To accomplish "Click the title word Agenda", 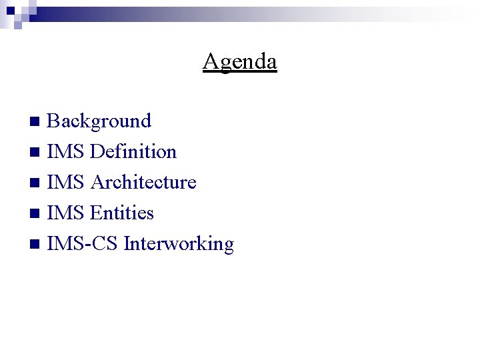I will (240, 61).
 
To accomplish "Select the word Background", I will (99, 121).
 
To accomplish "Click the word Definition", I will (133, 151).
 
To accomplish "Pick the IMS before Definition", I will (65, 151).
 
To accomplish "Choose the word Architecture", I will (143, 182).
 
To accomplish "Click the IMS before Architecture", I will (65, 182).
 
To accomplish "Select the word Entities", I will (122, 213).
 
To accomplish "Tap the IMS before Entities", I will (65, 213).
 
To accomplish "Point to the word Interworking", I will (179, 244).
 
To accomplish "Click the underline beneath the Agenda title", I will (240, 71).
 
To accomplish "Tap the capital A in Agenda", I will (210, 61).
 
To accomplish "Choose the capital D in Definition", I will (97, 151).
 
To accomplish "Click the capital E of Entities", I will (95, 213).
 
